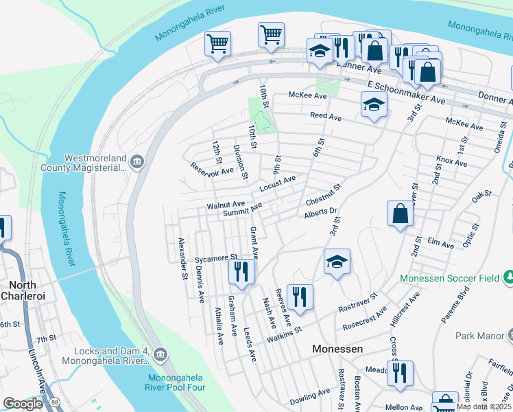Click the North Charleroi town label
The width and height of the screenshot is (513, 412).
tap(27, 290)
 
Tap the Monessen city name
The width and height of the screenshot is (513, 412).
tap(337, 349)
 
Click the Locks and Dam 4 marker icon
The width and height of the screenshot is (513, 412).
tap(160, 354)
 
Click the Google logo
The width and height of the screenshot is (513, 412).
tap(23, 404)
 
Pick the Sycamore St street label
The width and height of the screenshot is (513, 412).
tap(215, 259)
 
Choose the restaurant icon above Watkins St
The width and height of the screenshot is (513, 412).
tap(300, 297)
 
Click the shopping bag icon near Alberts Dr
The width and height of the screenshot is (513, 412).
tap(400, 214)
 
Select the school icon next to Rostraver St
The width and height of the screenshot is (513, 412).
tap(337, 262)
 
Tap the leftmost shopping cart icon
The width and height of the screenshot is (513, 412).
tap(217, 45)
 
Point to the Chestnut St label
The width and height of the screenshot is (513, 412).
tap(323, 194)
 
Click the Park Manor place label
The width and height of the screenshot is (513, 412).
tap(478, 336)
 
